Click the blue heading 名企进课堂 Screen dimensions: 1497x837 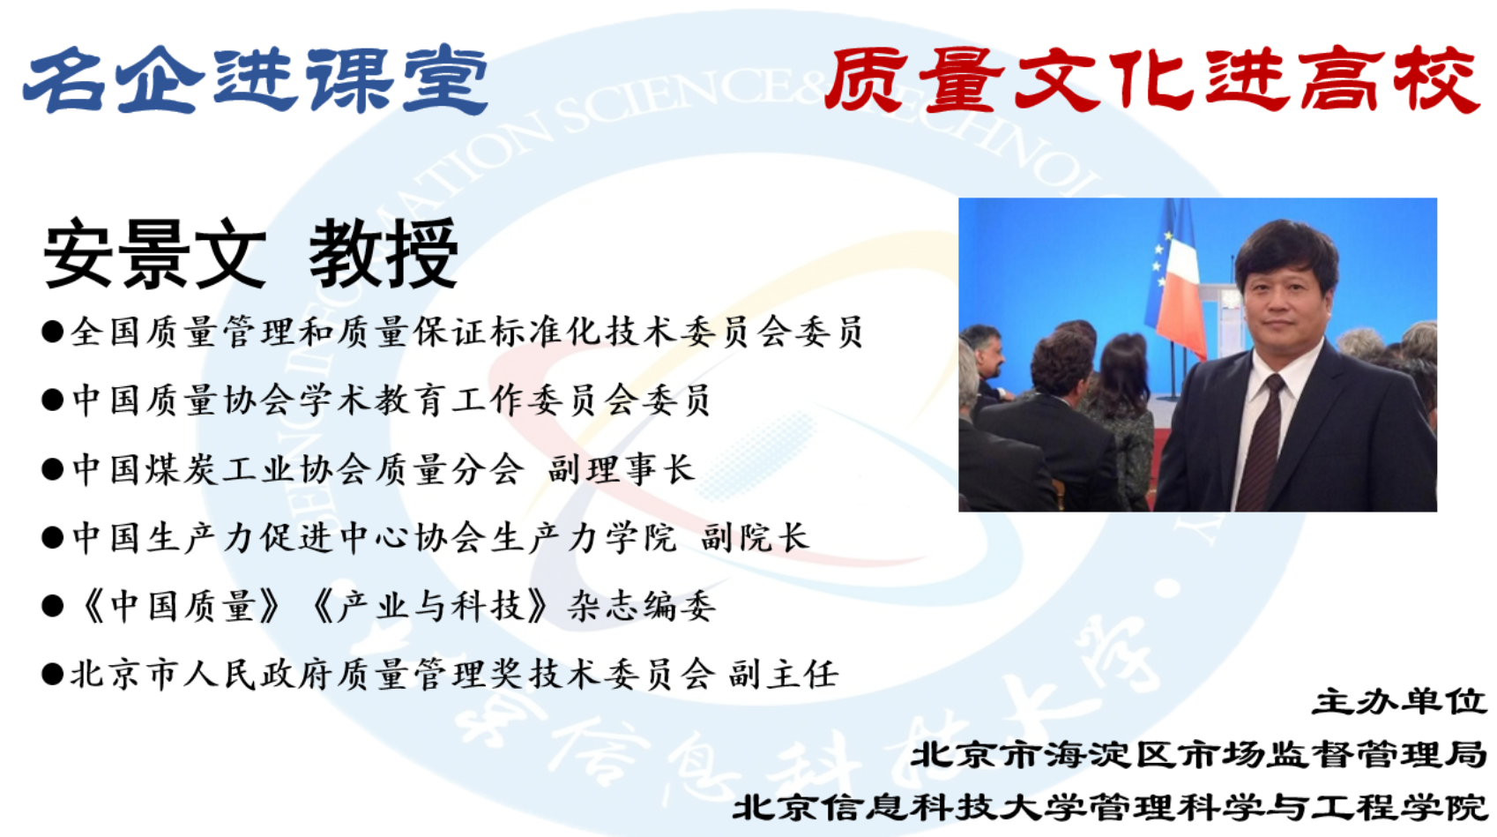click(256, 79)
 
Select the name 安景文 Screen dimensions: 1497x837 click(154, 254)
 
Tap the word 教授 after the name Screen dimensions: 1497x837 click(383, 254)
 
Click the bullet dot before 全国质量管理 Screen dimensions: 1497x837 click(52, 332)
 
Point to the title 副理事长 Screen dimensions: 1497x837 click(622, 469)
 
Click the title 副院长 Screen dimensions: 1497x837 click(756, 537)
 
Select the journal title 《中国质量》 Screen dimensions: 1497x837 click(178, 606)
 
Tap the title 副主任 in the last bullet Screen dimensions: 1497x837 click(783, 674)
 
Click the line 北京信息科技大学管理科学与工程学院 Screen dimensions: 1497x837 click(1109, 808)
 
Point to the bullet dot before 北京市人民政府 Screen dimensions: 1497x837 click(52, 675)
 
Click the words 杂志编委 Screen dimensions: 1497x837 click(642, 606)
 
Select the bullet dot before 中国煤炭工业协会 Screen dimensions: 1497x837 click(52, 469)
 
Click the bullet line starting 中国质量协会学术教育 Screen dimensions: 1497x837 click(375, 400)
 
